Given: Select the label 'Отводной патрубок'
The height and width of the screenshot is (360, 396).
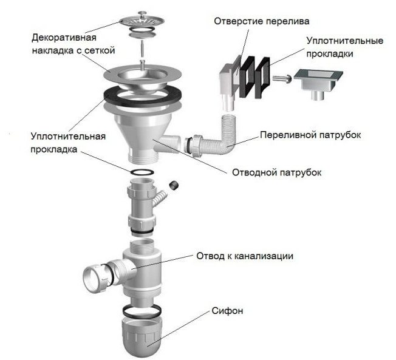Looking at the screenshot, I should click(276, 172).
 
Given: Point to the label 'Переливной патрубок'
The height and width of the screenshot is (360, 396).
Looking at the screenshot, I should click(310, 134).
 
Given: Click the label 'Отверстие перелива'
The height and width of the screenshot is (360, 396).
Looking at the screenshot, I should click(261, 21).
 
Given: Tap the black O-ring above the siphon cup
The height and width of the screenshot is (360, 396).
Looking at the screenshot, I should click(144, 310).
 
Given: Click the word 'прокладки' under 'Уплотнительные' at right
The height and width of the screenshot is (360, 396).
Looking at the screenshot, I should click(345, 53).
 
